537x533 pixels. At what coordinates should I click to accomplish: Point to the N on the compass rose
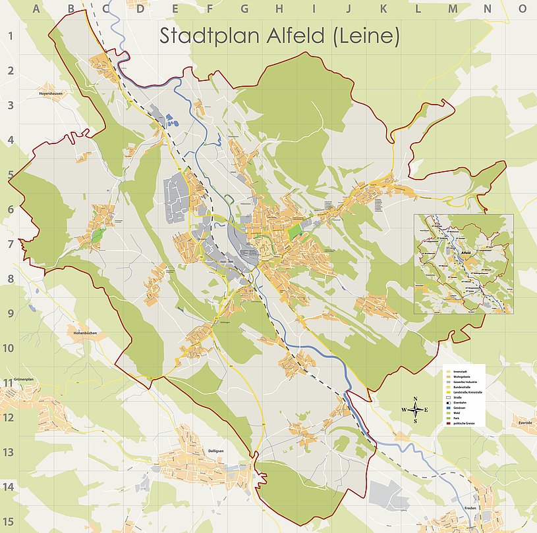click(x=415, y=399)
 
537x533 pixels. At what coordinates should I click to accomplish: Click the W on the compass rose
click(x=404, y=410)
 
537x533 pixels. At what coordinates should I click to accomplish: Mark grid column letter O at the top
click(x=523, y=9)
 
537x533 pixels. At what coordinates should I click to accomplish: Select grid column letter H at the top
click(x=279, y=9)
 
